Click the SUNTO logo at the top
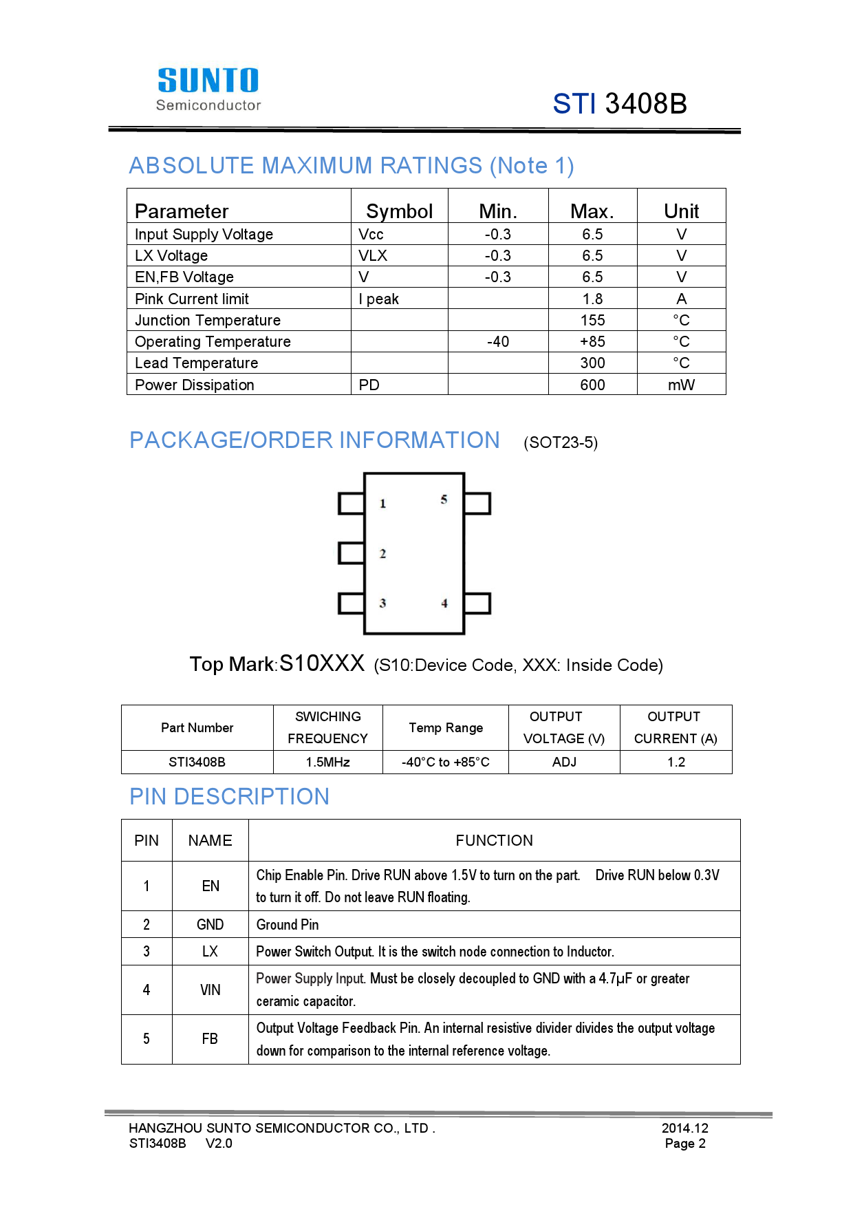pyautogui.click(x=208, y=88)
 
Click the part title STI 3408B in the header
pyautogui.click(x=620, y=104)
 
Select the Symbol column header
pyautogui.click(x=399, y=211)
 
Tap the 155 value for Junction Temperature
pyautogui.click(x=592, y=321)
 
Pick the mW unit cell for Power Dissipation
pyautogui.click(x=681, y=385)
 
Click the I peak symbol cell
pyautogui.click(x=379, y=299)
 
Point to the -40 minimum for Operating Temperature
pyautogui.click(x=498, y=342)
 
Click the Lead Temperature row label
pyautogui.click(x=197, y=363)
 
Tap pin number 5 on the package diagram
pyautogui.click(x=444, y=500)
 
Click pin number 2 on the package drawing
pyautogui.click(x=382, y=554)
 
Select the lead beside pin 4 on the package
pyautogui.click(x=477, y=603)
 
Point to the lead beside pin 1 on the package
pyautogui.click(x=351, y=503)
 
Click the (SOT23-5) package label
pyautogui.click(x=561, y=442)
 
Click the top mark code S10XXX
pyautogui.click(x=322, y=663)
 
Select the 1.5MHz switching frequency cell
pyautogui.click(x=328, y=762)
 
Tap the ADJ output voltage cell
pyautogui.click(x=564, y=762)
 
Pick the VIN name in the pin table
pyautogui.click(x=210, y=990)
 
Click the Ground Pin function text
pyautogui.click(x=288, y=925)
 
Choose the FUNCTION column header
pyautogui.click(x=494, y=841)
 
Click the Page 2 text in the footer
pyautogui.click(x=685, y=1144)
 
